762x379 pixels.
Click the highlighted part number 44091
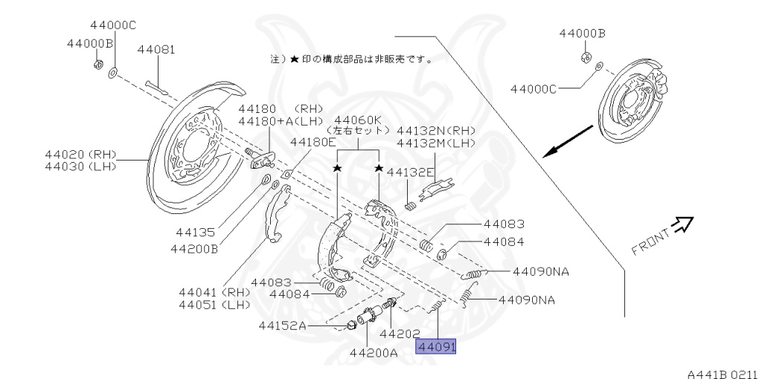pyautogui.click(x=436, y=346)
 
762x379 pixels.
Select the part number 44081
pyautogui.click(x=156, y=50)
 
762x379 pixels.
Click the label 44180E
pyautogui.click(x=313, y=141)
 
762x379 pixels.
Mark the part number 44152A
pyautogui.click(x=283, y=325)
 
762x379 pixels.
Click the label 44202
pyautogui.click(x=400, y=334)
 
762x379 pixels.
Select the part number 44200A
pyautogui.click(x=374, y=352)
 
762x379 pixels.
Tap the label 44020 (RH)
pyautogui.click(x=82, y=154)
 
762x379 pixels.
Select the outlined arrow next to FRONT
pyautogui.click(x=682, y=224)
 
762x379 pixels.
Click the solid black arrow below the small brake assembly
pyautogui.click(x=566, y=142)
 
